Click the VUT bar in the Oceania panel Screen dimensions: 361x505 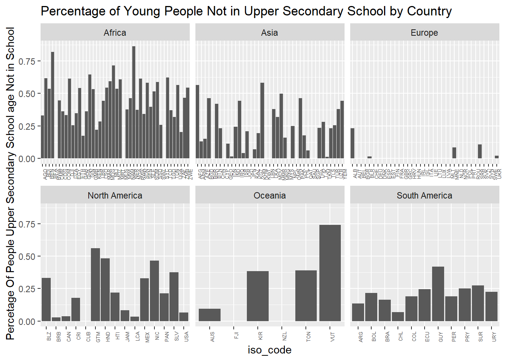click(x=330, y=273)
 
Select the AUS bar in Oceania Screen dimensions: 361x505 click(x=210, y=315)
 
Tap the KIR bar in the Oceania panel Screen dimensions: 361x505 click(x=258, y=296)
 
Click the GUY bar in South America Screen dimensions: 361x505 click(x=438, y=294)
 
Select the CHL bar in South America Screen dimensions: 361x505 click(x=398, y=317)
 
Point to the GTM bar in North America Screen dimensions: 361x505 click(x=95, y=285)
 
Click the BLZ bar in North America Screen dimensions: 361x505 click(x=46, y=299)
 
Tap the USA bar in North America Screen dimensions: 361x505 click(x=184, y=317)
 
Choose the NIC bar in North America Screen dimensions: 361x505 click(x=154, y=291)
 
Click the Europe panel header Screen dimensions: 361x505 click(x=424, y=33)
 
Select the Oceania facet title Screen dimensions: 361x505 click(x=269, y=196)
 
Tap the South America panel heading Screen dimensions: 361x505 click(x=424, y=196)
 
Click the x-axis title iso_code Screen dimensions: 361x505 click(x=269, y=350)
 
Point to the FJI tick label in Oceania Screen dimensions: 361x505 click(x=236, y=335)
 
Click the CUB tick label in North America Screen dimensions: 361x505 click(x=89, y=336)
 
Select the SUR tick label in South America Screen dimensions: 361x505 click(x=481, y=337)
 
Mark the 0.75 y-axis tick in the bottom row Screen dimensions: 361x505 click(x=27, y=224)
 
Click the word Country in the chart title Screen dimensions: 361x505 click(x=429, y=11)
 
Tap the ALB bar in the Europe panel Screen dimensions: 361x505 click(x=352, y=143)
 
